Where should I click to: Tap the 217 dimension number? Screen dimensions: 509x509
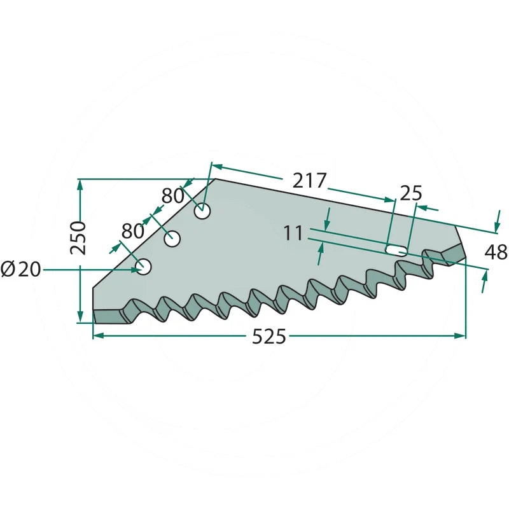[309, 181]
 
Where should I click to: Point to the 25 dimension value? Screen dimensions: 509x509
[411, 193]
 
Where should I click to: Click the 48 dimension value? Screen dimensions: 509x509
[496, 253]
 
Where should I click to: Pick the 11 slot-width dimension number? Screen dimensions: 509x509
[293, 234]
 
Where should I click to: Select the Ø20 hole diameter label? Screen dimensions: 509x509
[21, 270]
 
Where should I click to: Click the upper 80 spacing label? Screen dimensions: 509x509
[172, 195]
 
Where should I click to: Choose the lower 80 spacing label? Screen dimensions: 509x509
[133, 230]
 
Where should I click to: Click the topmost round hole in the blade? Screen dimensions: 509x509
[203, 211]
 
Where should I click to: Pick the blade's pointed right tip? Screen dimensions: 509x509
[466, 257]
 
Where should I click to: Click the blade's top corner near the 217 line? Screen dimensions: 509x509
[215, 179]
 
